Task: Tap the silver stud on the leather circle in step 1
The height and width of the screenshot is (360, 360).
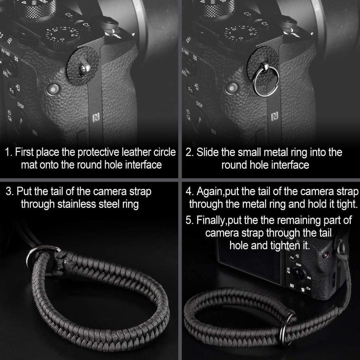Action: click(84, 68)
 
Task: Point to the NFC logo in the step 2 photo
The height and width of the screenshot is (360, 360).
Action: click(275, 116)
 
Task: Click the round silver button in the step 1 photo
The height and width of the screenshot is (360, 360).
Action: click(53, 89)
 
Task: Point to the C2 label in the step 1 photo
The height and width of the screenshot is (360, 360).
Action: click(69, 15)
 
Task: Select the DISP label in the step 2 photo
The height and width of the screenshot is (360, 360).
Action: click(199, 104)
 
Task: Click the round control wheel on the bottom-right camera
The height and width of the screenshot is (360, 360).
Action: click(298, 274)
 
